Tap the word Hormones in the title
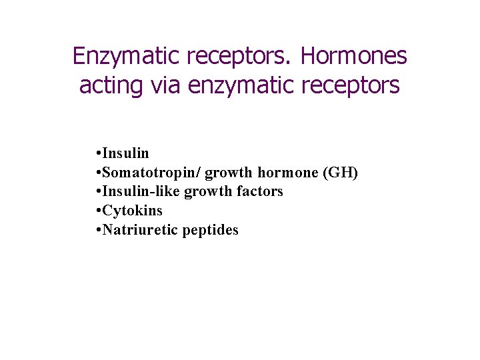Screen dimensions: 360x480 (353, 57)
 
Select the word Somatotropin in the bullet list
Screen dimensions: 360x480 (151, 173)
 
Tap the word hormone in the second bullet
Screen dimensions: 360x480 (288, 173)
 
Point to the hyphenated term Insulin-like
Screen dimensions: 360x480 (141, 192)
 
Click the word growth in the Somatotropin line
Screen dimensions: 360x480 (229, 173)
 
